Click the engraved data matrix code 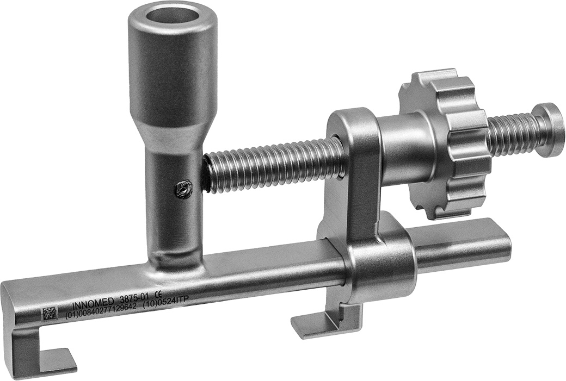(x=51, y=313)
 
